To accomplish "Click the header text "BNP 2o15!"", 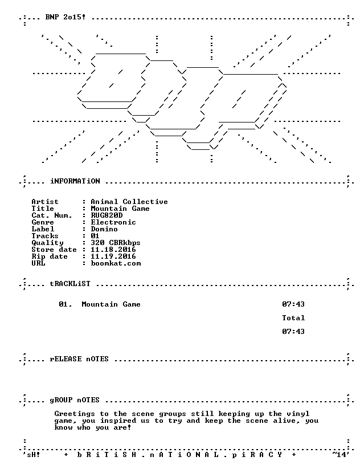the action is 66,17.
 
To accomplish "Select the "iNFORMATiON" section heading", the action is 75,181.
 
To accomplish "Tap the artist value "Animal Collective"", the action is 129,202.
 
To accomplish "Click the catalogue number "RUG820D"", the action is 107,215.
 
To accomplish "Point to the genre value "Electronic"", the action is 113,222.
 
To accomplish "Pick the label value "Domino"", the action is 104,229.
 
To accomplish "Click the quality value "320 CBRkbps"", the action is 116,243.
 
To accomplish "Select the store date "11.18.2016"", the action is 113,250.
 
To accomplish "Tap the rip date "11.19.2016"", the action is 113,256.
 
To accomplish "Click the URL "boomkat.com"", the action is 116,263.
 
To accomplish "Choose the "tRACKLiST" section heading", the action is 70,284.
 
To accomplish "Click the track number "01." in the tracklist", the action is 66,304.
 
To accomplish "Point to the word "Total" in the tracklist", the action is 293,317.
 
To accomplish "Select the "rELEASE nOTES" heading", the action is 79,359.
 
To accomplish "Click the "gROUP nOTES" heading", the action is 75,400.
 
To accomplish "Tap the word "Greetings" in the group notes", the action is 75,414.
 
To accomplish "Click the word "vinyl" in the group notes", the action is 298,414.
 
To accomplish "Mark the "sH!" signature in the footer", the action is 34,455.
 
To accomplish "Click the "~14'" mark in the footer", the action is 339,454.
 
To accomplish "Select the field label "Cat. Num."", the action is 52,215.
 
